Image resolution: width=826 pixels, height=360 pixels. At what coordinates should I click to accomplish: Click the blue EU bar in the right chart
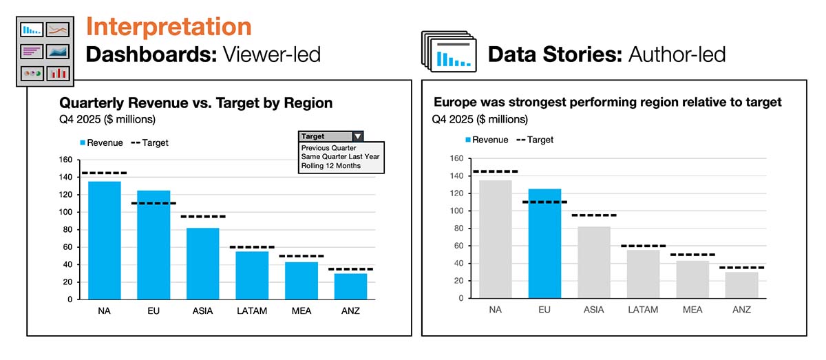544,244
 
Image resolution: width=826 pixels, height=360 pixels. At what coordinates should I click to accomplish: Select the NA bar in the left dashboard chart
104,240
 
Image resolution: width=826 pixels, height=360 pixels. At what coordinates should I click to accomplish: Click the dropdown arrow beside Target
357,136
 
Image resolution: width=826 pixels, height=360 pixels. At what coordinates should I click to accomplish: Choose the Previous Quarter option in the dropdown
328,147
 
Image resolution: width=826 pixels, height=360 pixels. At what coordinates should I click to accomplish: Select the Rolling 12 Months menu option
330,165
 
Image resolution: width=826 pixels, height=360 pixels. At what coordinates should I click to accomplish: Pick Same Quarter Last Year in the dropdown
340,156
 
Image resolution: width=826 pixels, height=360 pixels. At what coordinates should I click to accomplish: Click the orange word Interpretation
168,26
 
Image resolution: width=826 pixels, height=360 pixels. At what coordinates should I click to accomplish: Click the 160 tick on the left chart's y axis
65,160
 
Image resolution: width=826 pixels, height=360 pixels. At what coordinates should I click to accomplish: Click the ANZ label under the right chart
742,310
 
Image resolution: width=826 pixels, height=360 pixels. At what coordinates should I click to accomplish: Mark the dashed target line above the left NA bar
104,173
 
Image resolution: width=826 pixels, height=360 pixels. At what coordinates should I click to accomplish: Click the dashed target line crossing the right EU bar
544,202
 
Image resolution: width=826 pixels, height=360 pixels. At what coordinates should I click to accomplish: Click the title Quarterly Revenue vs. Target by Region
196,103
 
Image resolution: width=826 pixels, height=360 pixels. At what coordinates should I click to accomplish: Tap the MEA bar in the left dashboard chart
301,280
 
